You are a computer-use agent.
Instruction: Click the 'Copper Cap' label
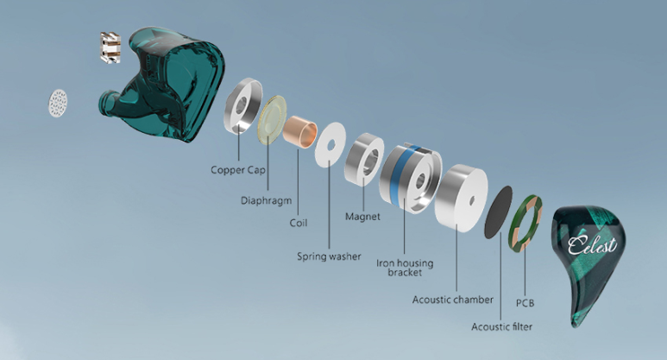coord(238,170)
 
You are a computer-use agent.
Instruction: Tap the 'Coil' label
coord(298,223)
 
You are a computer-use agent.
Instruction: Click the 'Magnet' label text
coord(362,216)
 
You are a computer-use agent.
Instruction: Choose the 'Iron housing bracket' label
coord(405,268)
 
